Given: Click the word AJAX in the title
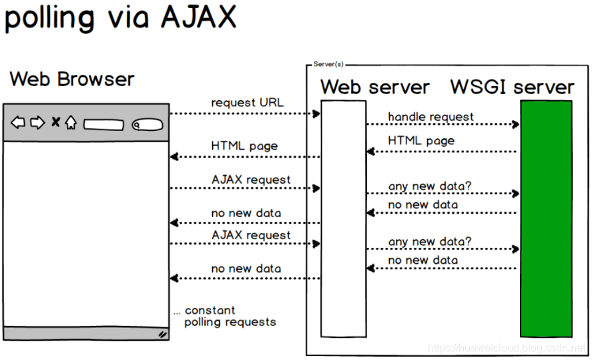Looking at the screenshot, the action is (199, 17).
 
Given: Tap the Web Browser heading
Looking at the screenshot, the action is (72, 79).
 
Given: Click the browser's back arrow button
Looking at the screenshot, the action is (18, 122).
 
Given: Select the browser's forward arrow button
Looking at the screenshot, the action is (37, 122).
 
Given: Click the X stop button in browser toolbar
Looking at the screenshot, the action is (55, 122).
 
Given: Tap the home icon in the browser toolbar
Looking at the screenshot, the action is (71, 122).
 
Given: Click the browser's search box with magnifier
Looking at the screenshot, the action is (147, 125).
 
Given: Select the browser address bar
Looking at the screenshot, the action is (103, 125).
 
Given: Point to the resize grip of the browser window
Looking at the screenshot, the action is (163, 335).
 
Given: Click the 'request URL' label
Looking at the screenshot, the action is (248, 103).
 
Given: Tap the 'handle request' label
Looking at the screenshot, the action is (430, 117).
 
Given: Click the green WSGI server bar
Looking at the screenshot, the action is (546, 218).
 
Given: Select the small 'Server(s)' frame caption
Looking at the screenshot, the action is (328, 64).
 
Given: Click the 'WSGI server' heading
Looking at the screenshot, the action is (513, 87).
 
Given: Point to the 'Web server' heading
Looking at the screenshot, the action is (375, 87).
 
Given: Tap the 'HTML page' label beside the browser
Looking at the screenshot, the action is (244, 146).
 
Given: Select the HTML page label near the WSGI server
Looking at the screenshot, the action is (421, 141).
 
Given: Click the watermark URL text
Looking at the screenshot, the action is (507, 347).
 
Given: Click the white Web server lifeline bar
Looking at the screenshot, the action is (344, 218).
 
